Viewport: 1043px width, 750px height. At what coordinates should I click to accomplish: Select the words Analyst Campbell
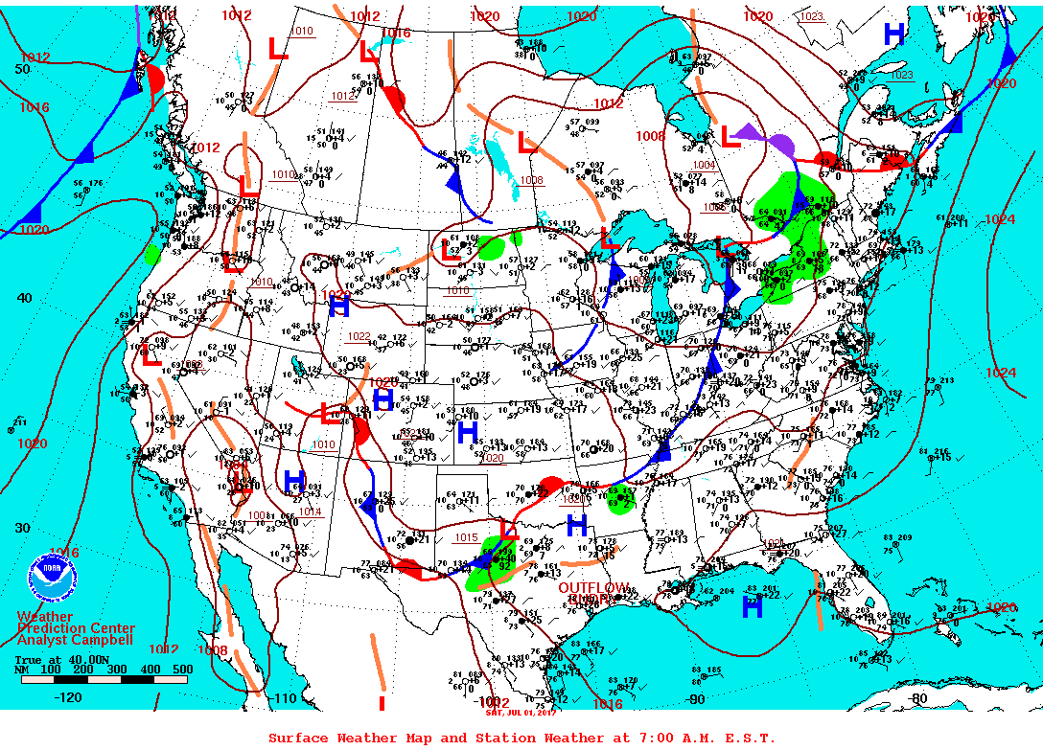click(x=76, y=640)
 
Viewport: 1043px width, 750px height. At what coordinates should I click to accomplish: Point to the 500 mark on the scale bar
click(x=182, y=670)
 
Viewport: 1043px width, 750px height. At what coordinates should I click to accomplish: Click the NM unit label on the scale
click(x=22, y=670)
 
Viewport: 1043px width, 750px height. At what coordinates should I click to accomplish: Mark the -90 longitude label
click(x=696, y=699)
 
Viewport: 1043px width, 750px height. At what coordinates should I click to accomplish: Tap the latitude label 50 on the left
click(x=22, y=69)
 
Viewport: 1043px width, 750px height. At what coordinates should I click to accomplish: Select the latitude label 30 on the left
click(x=22, y=528)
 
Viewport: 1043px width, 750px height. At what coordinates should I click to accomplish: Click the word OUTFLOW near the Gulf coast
click(x=594, y=587)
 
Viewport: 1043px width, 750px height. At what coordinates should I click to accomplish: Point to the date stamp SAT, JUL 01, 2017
click(x=515, y=712)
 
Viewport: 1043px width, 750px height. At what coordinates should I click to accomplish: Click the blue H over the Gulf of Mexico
click(x=753, y=606)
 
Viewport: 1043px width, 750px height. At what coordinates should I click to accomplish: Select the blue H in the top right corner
click(x=894, y=34)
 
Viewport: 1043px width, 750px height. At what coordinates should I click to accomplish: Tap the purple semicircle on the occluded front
click(x=780, y=146)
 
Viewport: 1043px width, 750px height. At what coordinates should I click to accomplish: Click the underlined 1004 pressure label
click(x=704, y=165)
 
